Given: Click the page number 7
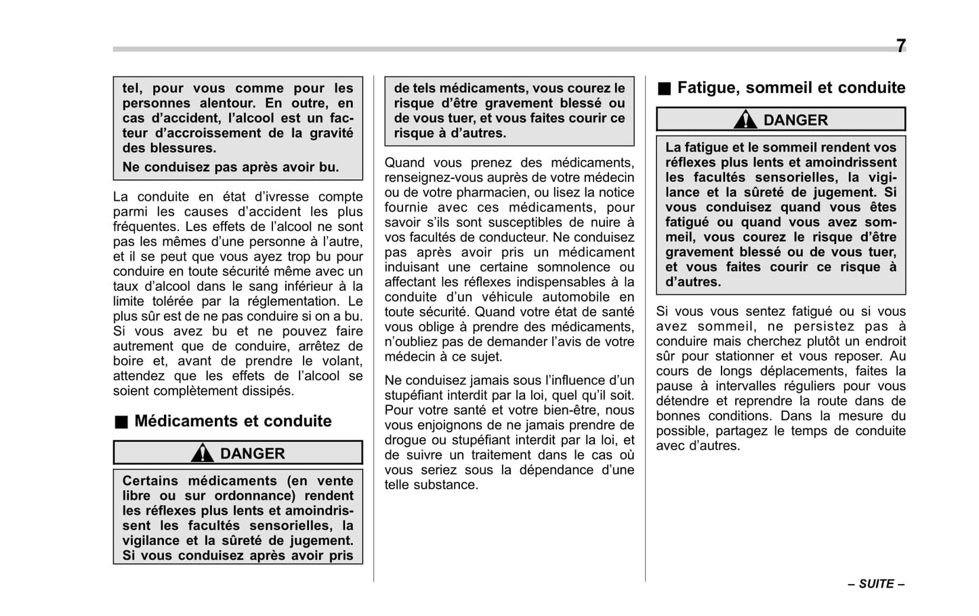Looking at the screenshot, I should [900, 46].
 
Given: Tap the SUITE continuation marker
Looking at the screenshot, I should [877, 584].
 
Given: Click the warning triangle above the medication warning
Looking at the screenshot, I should [202, 453].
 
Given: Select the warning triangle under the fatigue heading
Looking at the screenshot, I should [745, 120].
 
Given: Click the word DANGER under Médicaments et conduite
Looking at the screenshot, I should [252, 453].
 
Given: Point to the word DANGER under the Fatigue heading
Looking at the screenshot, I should [795, 120].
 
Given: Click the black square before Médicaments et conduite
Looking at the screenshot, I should [120, 422].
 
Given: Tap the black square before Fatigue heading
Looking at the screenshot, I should [664, 88].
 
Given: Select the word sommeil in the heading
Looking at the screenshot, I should [778, 87].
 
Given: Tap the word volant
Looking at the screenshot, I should [343, 361].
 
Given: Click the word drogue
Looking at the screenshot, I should [407, 440].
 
